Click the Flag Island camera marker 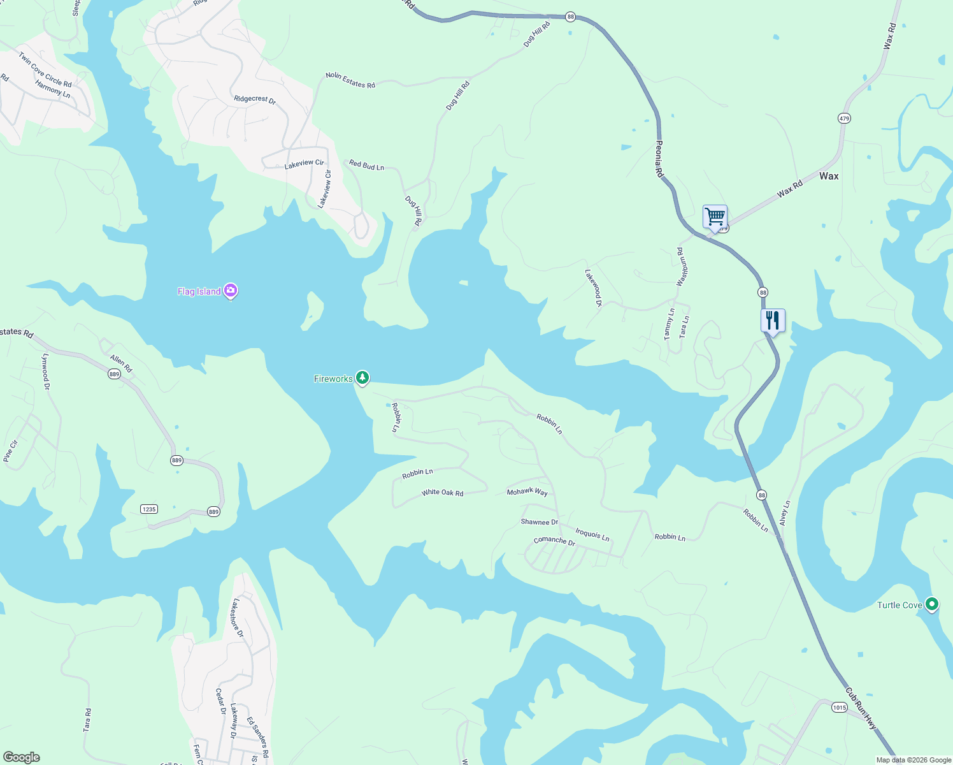(x=231, y=291)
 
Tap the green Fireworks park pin (x=362, y=378)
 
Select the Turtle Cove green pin (x=931, y=604)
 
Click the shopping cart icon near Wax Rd (x=715, y=217)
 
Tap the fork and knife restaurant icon (x=773, y=320)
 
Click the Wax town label (x=829, y=176)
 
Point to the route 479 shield (x=844, y=119)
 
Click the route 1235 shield (x=149, y=509)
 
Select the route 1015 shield (x=839, y=707)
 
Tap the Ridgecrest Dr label (x=254, y=99)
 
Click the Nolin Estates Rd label (x=350, y=80)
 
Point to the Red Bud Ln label (x=366, y=165)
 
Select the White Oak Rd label (x=442, y=493)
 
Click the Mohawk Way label (x=527, y=492)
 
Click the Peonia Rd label (x=659, y=159)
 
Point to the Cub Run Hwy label (x=861, y=708)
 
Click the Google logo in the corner (x=22, y=757)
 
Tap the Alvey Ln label (x=785, y=513)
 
